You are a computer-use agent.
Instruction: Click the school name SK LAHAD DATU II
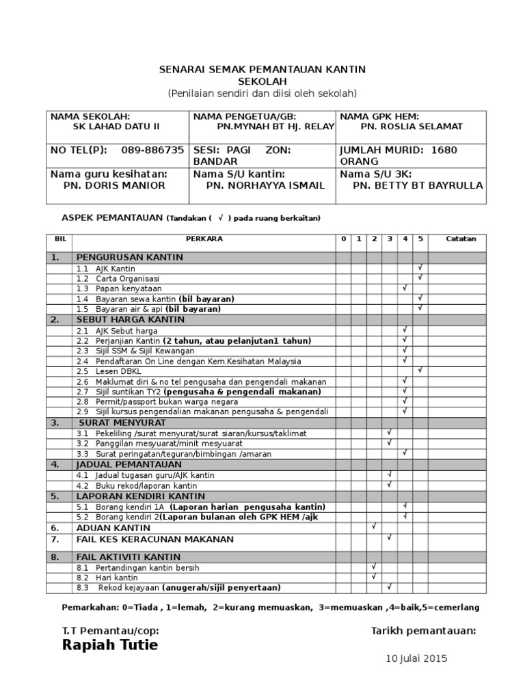(x=116, y=126)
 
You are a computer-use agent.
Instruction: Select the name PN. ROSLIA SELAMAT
(x=412, y=126)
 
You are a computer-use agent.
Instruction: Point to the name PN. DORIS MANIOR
(x=114, y=185)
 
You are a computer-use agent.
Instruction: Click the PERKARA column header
(x=204, y=239)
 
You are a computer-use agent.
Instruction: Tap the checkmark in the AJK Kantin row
(x=421, y=268)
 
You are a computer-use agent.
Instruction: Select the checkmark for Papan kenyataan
(x=405, y=288)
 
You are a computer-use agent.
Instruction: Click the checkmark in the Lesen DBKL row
(x=421, y=371)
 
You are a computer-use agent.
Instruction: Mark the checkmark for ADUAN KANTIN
(x=374, y=527)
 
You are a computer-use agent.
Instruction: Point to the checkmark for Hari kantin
(x=374, y=577)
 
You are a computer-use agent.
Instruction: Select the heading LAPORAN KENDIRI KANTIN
(x=141, y=496)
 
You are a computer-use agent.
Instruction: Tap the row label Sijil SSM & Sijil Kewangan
(x=130, y=351)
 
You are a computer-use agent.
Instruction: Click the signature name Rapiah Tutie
(x=109, y=645)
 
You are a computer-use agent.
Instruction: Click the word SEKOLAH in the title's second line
(x=262, y=81)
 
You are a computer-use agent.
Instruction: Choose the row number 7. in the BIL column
(x=55, y=539)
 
